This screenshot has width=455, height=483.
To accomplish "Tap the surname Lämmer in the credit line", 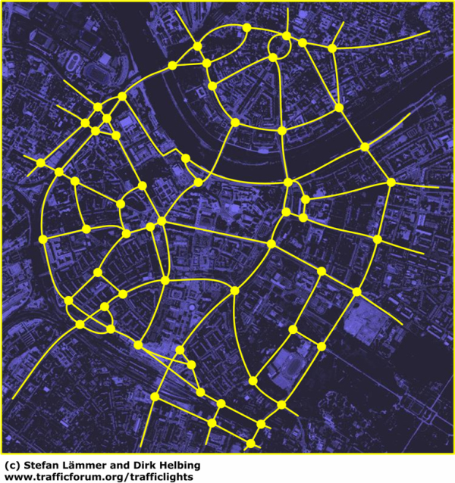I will click(x=89, y=465).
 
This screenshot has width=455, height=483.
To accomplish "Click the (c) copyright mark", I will click(x=12, y=465).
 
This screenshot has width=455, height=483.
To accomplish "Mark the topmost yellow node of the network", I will click(x=246, y=27).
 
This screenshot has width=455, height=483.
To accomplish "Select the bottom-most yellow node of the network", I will click(x=251, y=443).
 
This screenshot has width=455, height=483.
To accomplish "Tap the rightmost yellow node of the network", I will click(x=391, y=182).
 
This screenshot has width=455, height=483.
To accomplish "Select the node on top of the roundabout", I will click(x=286, y=36).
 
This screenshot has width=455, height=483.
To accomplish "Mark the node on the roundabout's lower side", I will click(x=274, y=58).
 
